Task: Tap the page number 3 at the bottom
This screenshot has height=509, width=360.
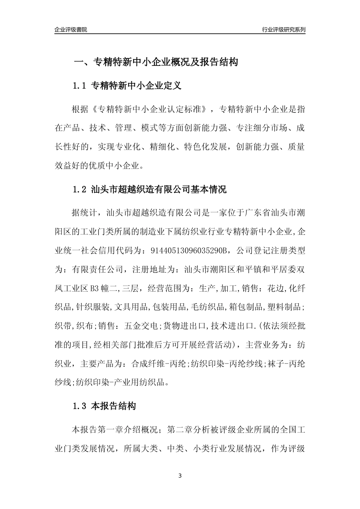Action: pyautogui.click(x=180, y=476)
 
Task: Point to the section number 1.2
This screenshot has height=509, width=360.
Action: pyautogui.click(x=80, y=189)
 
